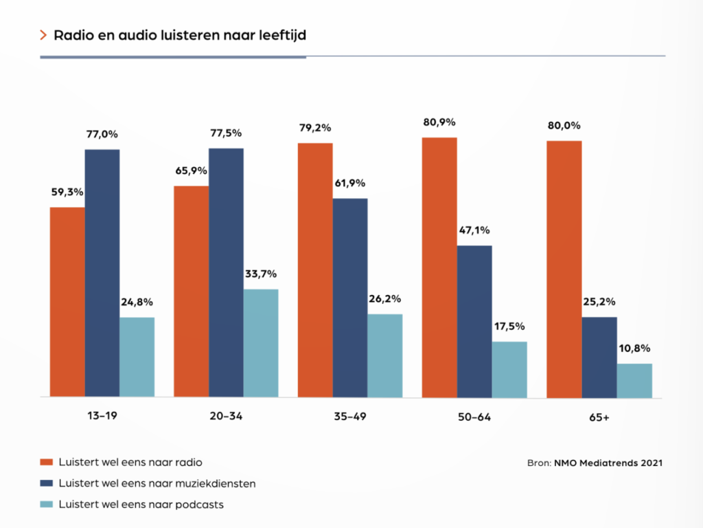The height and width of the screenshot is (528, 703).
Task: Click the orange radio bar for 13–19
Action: point(67,302)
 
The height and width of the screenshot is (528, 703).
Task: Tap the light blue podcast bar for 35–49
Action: point(384,355)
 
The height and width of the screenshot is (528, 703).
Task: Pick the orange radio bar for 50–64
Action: point(439,267)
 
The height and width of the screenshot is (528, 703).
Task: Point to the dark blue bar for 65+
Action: point(599,357)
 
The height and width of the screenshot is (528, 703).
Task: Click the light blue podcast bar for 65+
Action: point(634,380)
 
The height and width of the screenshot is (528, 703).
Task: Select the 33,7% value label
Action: point(260,274)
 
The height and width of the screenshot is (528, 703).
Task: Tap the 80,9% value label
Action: point(440,122)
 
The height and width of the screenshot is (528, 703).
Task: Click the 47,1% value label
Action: point(474,230)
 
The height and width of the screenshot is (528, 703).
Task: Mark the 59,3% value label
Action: point(67,192)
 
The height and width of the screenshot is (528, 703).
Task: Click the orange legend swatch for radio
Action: point(47,462)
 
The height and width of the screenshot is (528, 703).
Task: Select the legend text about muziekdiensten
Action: point(157,483)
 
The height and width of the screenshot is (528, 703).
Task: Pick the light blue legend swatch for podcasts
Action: point(47,505)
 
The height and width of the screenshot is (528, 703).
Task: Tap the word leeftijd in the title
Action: point(282,35)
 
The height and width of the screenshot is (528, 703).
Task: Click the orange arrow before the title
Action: point(44,34)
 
